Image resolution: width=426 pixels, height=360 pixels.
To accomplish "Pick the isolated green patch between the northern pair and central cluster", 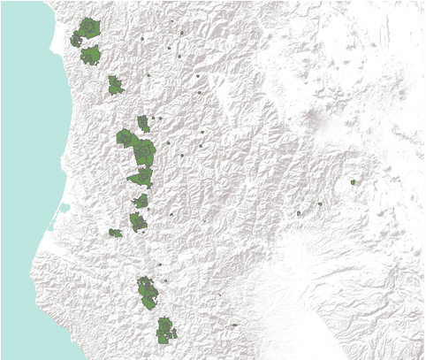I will (115, 86).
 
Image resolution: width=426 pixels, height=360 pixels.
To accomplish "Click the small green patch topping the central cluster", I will (143, 122).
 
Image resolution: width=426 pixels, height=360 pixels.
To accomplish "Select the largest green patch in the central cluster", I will (143, 154).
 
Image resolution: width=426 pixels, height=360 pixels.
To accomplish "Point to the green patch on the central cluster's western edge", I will (125, 138).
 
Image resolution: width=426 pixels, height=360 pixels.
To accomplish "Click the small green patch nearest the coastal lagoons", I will (115, 233).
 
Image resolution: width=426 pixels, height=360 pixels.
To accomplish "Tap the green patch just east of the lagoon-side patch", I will (137, 221).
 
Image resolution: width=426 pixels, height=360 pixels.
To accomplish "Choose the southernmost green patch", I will (164, 332).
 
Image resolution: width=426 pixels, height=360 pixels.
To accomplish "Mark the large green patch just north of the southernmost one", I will (148, 292).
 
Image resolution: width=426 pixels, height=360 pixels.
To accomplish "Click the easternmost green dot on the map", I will (353, 182).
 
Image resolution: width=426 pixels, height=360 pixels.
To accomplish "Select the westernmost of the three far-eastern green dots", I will (300, 213).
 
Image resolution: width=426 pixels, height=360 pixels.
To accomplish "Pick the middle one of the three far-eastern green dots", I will (320, 204).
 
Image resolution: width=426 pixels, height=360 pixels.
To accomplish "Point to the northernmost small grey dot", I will (181, 34).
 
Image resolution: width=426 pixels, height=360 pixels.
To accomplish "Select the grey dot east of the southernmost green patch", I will (234, 326).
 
